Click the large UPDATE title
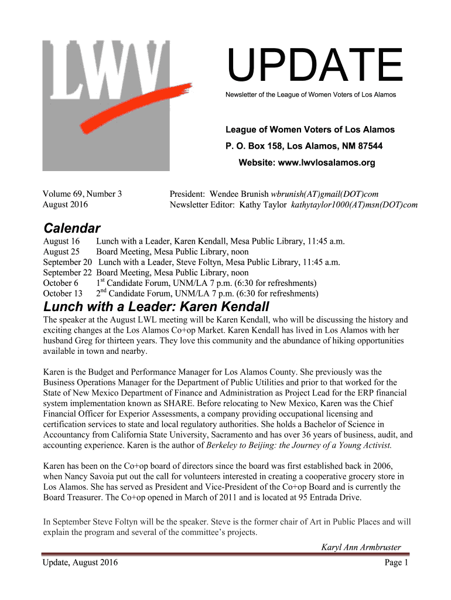[315, 66]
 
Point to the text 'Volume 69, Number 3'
[83, 193]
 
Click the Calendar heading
[72, 228]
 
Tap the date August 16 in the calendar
[61, 241]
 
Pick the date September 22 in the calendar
[67, 272]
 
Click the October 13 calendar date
[63, 294]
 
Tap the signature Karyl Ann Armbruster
[361, 547]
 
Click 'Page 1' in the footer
[396, 562]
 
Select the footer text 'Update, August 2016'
[80, 562]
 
